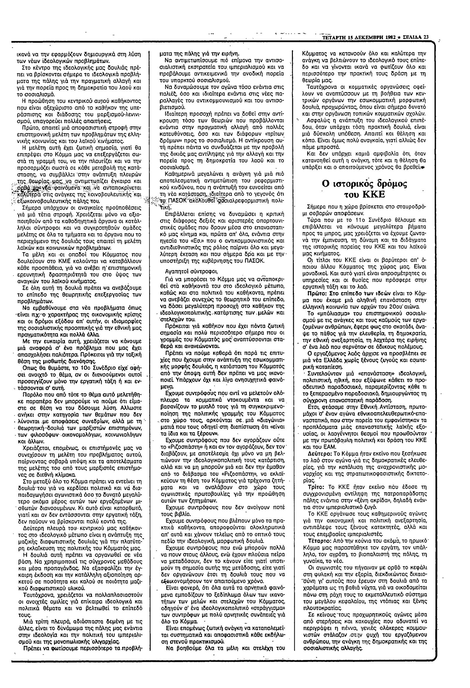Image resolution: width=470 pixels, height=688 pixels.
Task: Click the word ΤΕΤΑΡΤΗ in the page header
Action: pyautogui.click(x=334, y=37)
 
